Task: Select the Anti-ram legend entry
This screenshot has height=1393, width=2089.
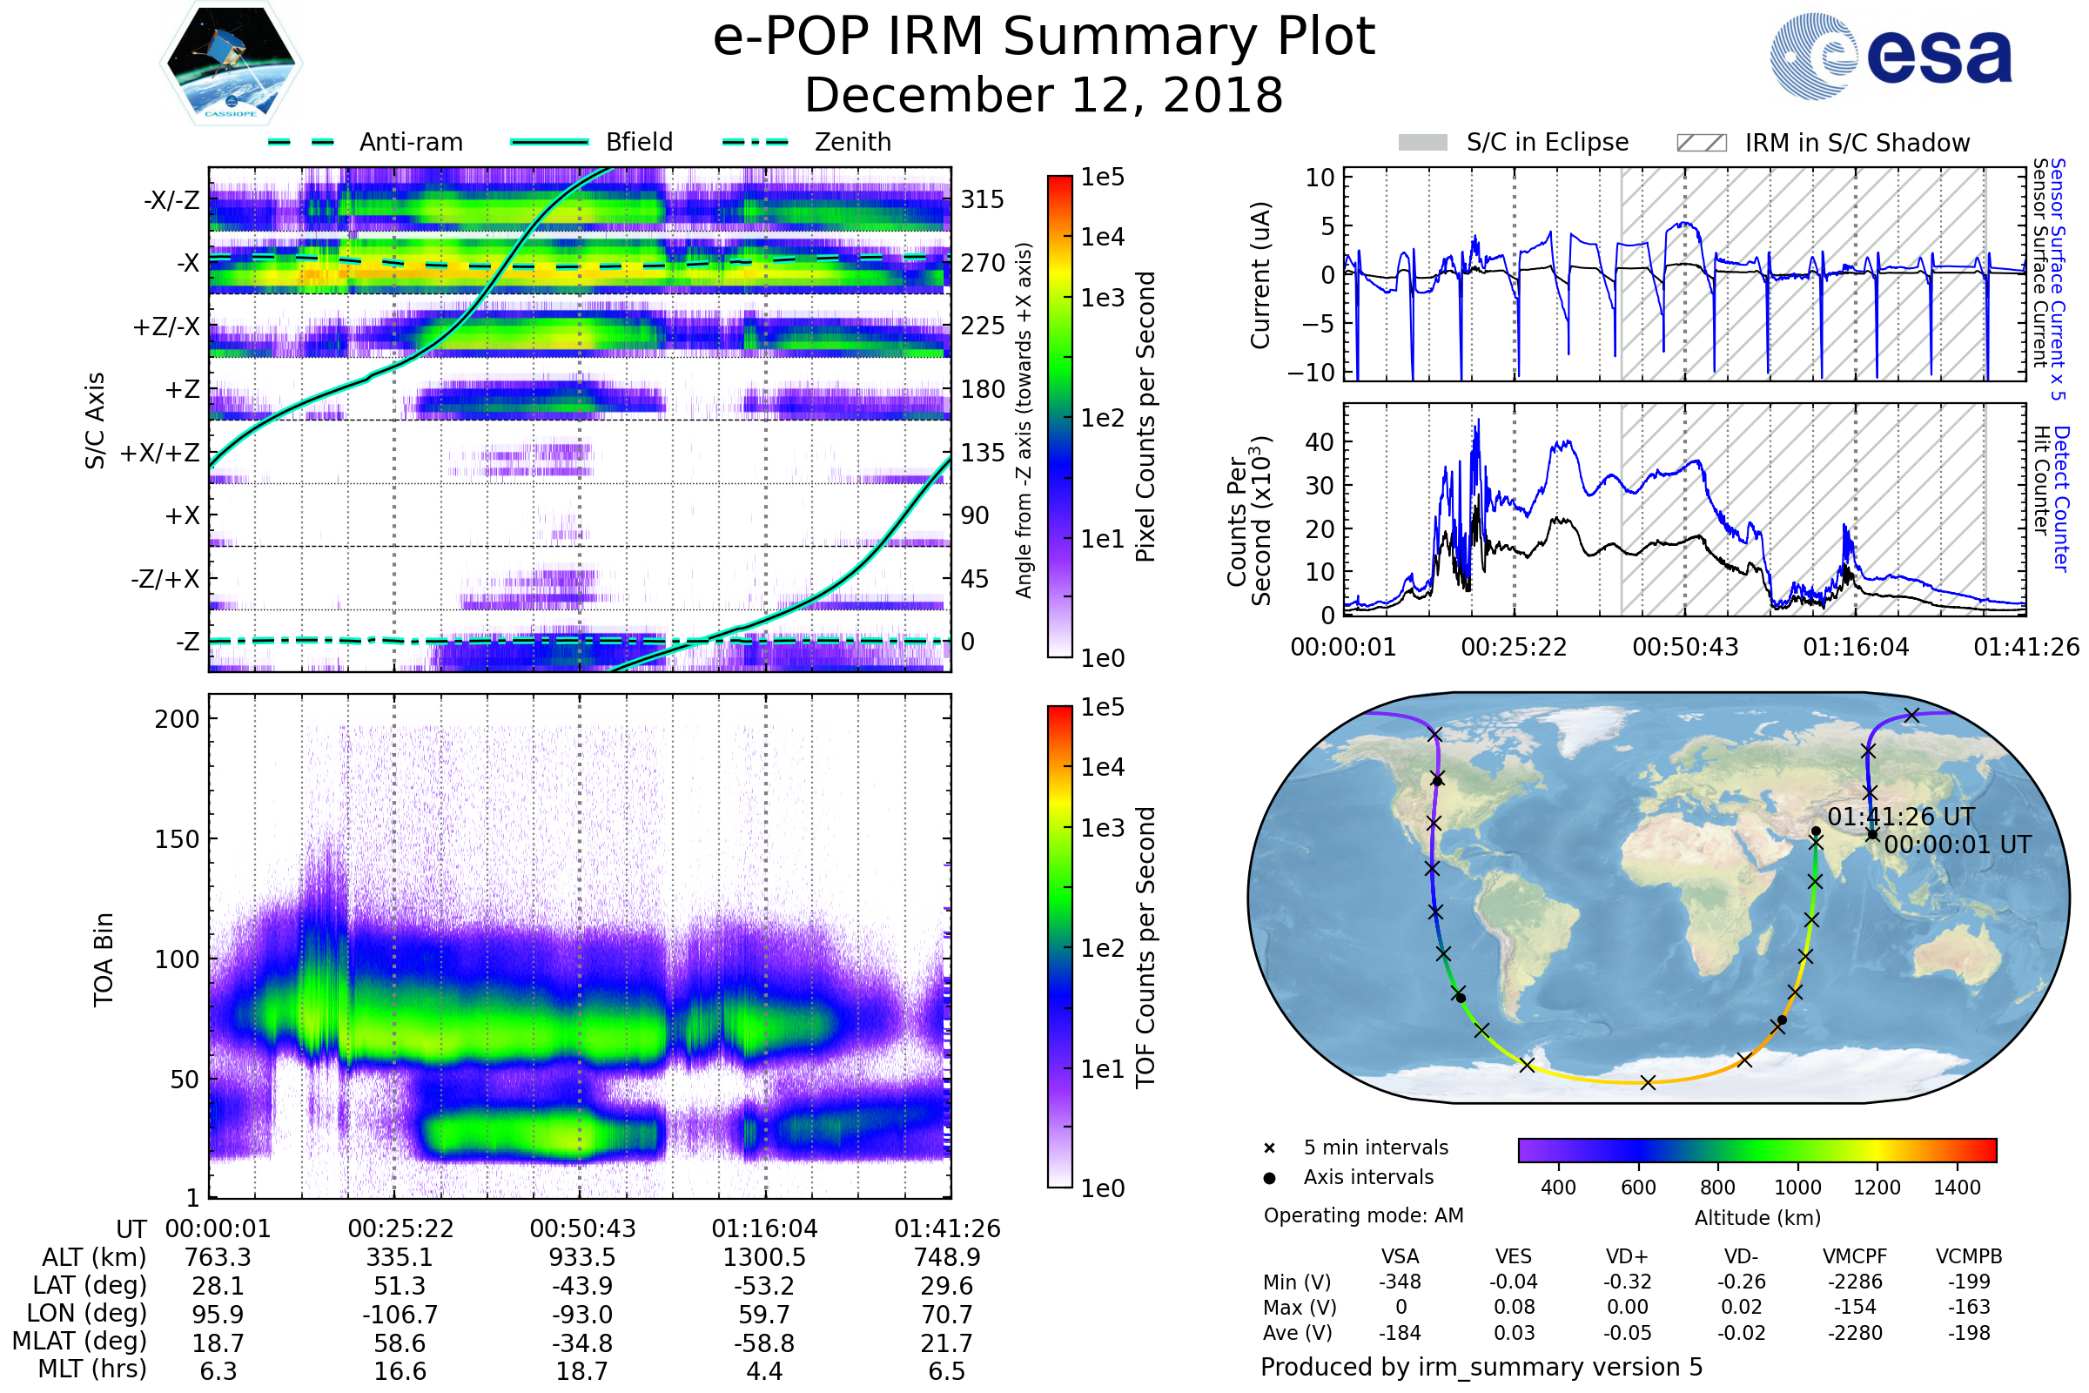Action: click(x=410, y=142)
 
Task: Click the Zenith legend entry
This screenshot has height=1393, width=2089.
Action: click(x=852, y=142)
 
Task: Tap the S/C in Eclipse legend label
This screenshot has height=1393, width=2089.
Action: click(x=1547, y=142)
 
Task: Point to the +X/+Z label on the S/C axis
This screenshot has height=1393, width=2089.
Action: click(x=160, y=453)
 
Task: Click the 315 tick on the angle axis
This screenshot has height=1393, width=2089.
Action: click(x=982, y=199)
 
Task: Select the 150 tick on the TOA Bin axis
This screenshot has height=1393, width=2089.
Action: click(x=177, y=839)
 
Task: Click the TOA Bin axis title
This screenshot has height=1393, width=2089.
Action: click(x=103, y=959)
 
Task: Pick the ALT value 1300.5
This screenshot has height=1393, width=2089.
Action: click(x=764, y=1258)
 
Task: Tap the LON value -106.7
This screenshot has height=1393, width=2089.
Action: click(x=400, y=1315)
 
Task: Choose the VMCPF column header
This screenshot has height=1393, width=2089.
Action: click(x=1855, y=1257)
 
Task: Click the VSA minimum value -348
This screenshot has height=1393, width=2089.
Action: click(x=1400, y=1282)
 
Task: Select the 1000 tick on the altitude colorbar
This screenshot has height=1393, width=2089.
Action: click(x=1797, y=1188)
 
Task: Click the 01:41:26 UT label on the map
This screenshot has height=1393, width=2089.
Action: click(x=1901, y=818)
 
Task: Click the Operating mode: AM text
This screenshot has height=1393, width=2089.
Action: click(x=1363, y=1215)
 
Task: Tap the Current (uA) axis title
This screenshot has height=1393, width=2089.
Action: click(x=1260, y=275)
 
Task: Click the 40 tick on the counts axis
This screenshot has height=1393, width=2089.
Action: click(x=1319, y=441)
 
